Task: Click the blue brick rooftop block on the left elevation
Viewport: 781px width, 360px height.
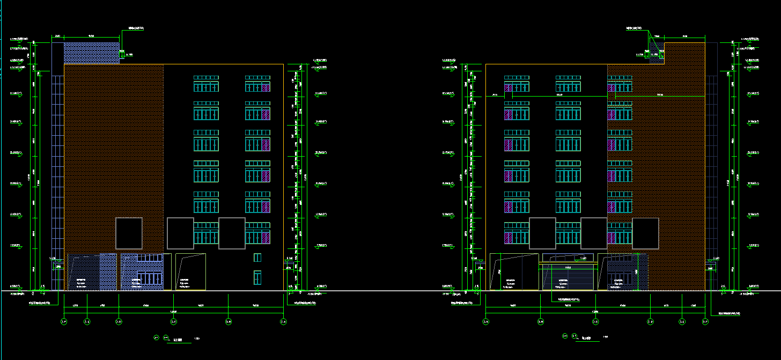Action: click(x=91, y=53)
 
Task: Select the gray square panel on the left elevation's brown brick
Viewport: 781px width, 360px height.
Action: click(x=129, y=233)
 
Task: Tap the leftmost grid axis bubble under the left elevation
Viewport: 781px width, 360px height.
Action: click(x=64, y=322)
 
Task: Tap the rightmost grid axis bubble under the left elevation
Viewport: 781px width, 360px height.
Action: click(x=283, y=322)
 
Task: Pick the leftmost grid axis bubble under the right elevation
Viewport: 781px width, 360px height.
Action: click(x=485, y=322)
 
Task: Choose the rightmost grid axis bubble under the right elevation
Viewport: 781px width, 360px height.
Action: click(x=705, y=322)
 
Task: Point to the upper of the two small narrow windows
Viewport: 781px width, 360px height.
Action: click(x=257, y=258)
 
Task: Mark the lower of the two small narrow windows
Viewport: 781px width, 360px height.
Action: click(x=257, y=277)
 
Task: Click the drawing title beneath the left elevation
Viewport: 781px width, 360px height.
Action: click(x=179, y=339)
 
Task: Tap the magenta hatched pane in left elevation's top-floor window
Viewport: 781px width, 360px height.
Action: click(x=266, y=87)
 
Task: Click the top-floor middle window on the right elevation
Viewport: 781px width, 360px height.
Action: click(x=568, y=84)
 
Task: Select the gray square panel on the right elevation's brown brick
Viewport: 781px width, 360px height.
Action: click(x=645, y=233)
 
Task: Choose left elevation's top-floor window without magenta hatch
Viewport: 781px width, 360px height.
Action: click(x=206, y=84)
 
